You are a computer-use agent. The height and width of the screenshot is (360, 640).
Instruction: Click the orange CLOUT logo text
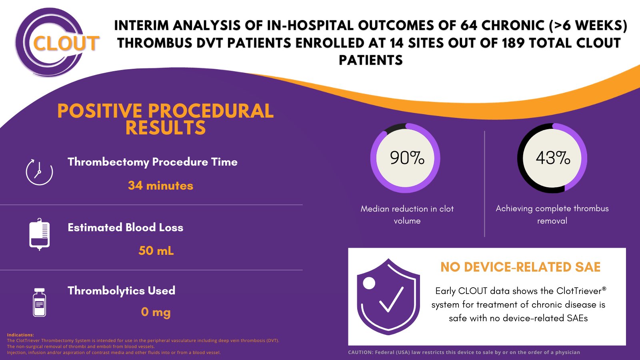[66, 43]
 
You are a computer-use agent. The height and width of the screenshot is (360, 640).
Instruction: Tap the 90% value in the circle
[407, 158]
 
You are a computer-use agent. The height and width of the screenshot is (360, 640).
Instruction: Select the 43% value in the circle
[553, 158]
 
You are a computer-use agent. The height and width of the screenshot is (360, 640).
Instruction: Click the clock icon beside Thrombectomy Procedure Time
[39, 172]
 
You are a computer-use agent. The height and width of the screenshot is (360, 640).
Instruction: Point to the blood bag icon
[39, 234]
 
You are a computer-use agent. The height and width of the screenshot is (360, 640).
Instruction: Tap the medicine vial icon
[39, 302]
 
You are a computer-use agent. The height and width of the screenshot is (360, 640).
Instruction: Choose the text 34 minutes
[160, 186]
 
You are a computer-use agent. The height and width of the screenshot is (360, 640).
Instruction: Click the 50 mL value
[156, 251]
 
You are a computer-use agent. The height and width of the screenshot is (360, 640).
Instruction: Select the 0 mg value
[156, 312]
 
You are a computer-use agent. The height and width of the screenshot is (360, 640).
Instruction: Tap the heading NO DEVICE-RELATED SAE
[520, 267]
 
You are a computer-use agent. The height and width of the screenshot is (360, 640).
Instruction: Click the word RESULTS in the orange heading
[165, 128]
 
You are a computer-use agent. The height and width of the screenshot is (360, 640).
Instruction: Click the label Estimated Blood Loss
[125, 228]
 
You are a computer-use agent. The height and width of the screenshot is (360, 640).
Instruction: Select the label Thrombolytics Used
[121, 290]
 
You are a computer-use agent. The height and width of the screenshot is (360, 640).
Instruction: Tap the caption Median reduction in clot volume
[407, 214]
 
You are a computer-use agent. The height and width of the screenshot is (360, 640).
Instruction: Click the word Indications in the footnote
[20, 335]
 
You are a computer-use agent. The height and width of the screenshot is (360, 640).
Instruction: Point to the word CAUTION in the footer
[360, 352]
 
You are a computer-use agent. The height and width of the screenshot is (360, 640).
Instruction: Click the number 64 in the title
[468, 26]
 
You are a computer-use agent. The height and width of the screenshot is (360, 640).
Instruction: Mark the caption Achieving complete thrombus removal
[552, 214]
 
